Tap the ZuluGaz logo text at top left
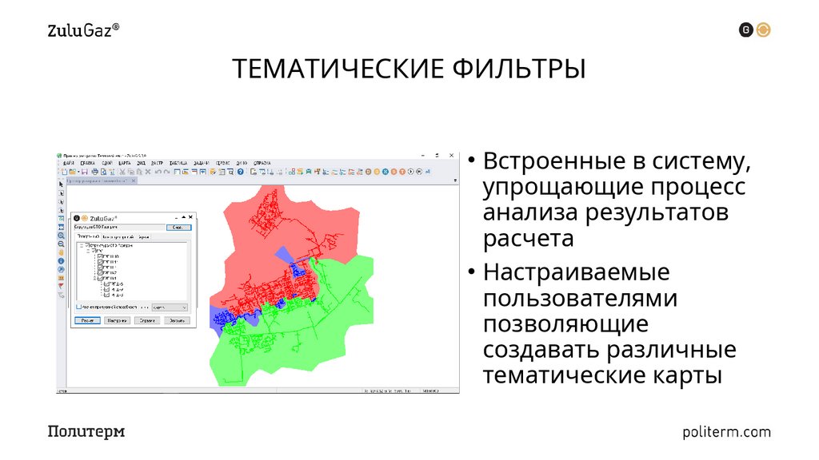tap(84, 31)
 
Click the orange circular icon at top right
tap(764, 30)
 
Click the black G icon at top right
tap(746, 30)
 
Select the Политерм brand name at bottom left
tap(86, 432)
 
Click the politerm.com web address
tap(727, 432)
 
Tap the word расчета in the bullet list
tap(529, 239)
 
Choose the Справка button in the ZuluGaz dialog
tap(145, 320)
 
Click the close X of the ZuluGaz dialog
tap(190, 217)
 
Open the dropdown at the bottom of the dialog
tap(170, 307)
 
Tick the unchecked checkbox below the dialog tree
tap(78, 307)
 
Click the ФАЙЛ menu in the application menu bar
tap(67, 163)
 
